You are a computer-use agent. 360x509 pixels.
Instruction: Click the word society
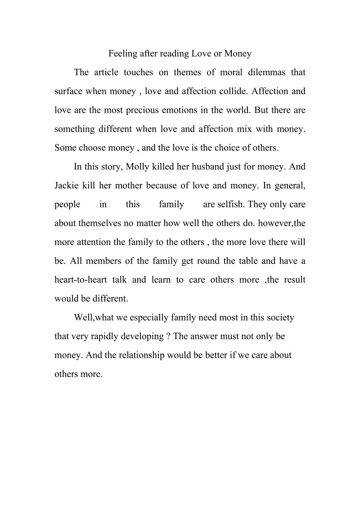tap(279, 317)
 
